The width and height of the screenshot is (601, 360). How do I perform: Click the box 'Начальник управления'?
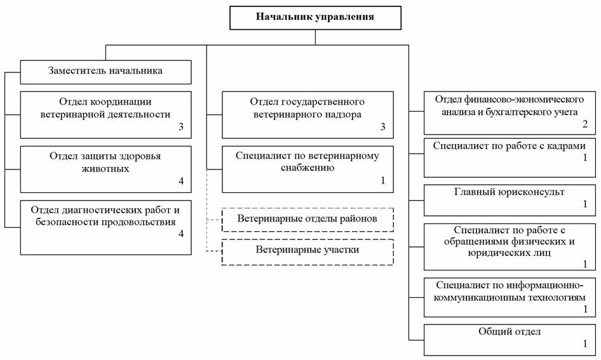tap(315, 18)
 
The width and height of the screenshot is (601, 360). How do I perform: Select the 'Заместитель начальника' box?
tap(106, 72)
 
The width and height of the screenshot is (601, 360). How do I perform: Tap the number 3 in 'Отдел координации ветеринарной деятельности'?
tap(181, 127)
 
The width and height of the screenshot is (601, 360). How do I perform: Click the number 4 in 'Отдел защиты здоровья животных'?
tap(181, 181)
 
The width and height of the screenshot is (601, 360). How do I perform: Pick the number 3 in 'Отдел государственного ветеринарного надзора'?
tap(382, 127)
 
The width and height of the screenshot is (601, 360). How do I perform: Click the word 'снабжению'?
tap(307, 168)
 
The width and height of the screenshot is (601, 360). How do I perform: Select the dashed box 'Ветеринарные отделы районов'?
tap(307, 220)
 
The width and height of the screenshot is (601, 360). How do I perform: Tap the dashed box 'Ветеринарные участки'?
tap(307, 252)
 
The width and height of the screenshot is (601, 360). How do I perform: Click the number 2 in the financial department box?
tap(585, 124)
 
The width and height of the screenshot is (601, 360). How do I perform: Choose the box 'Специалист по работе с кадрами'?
tap(510, 158)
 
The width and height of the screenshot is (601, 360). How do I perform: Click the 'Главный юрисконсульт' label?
tap(510, 192)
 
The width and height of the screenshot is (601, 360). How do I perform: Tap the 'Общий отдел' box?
tap(510, 340)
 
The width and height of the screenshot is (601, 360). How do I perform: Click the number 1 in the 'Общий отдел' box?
tap(585, 343)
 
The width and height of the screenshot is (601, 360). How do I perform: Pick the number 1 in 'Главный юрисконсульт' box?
tap(585, 204)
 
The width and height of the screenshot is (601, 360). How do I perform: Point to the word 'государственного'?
tap(323, 102)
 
